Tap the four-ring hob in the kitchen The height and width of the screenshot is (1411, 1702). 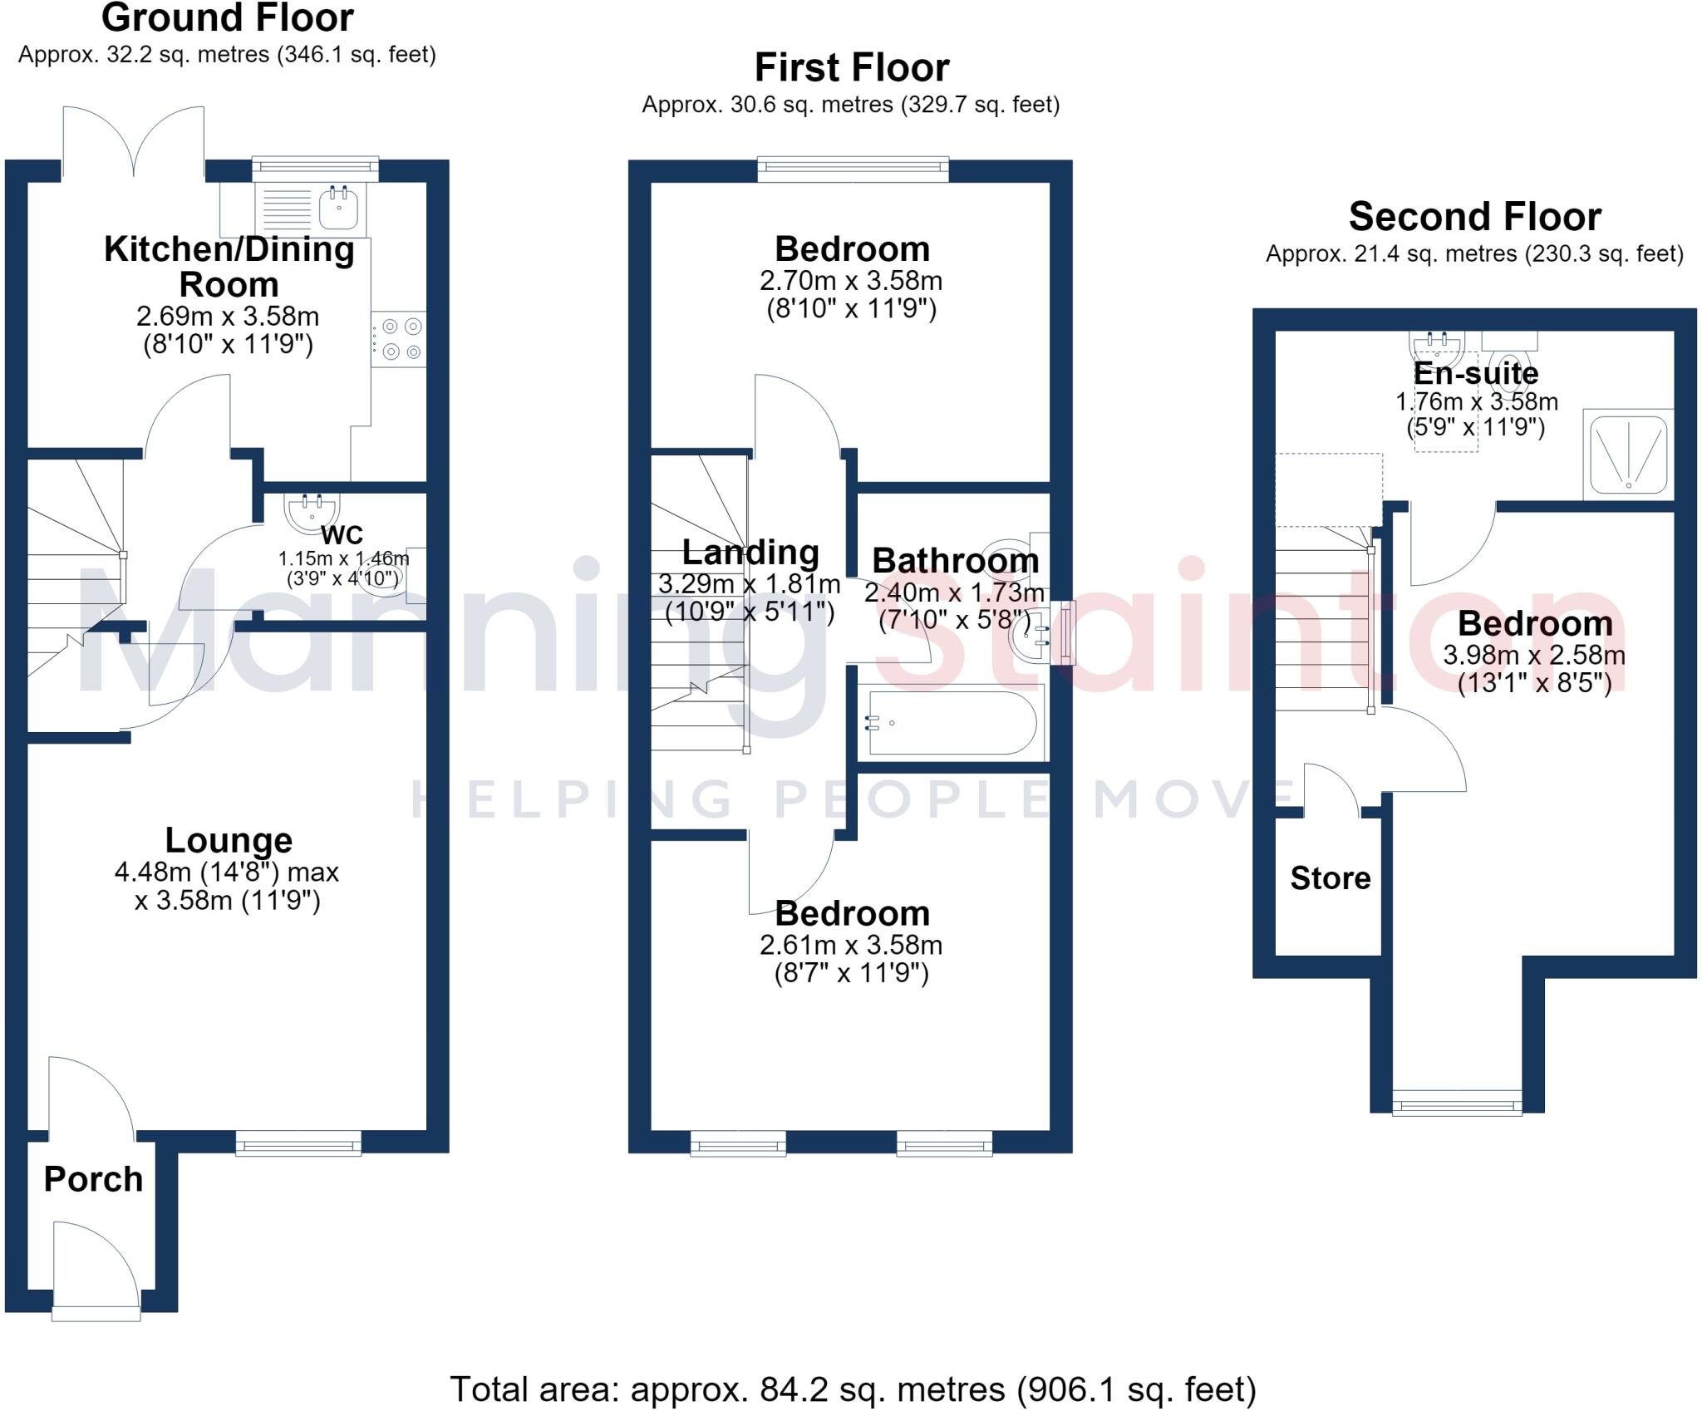pos(398,339)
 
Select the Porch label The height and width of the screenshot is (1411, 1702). pos(93,1179)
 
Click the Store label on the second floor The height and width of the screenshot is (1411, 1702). pos(1331,878)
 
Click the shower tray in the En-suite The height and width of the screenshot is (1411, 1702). pos(1628,455)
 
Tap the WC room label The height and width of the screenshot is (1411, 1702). pos(342,535)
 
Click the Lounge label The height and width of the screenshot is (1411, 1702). pos(229,840)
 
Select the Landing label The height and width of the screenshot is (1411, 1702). pos(750,553)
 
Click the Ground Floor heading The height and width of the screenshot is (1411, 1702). pos(228,17)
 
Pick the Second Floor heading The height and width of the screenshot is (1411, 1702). pos(1474,217)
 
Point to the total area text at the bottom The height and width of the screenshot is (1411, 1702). pos(853,1389)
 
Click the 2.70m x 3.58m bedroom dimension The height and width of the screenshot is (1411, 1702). pos(851,281)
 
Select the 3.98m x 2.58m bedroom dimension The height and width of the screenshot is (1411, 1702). pos(1534,655)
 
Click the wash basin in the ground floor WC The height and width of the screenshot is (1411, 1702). pos(311,511)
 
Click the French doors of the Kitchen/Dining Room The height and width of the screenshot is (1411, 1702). pos(133,141)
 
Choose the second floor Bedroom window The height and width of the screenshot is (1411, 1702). pos(1458,1103)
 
